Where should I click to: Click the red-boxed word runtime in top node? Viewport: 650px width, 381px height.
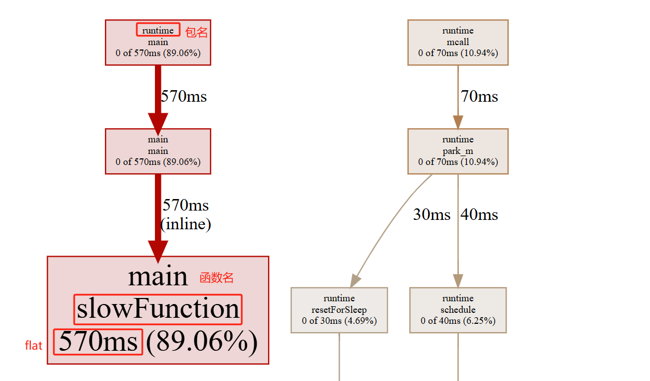pyautogui.click(x=158, y=30)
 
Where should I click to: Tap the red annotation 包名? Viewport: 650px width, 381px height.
pyautogui.click(x=196, y=32)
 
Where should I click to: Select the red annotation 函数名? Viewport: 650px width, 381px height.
pyautogui.click(x=216, y=278)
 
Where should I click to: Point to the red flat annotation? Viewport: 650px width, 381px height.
pyautogui.click(x=34, y=346)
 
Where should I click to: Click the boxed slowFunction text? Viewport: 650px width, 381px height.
pyautogui.click(x=158, y=309)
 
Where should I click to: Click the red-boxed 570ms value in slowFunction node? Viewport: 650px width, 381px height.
pyautogui.click(x=98, y=342)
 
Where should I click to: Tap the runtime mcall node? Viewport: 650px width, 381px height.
pyautogui.click(x=458, y=42)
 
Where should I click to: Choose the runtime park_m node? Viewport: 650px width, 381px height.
pyautogui.click(x=458, y=151)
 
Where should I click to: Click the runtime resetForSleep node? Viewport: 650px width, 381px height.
pyautogui.click(x=339, y=310)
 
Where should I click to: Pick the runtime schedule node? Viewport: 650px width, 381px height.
pyautogui.click(x=458, y=310)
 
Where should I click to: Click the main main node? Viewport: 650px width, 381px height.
pyautogui.click(x=158, y=151)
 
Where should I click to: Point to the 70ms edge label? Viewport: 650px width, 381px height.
pyautogui.click(x=479, y=97)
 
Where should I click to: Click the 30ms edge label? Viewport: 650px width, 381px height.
pyautogui.click(x=431, y=214)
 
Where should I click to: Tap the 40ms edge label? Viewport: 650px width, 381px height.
pyautogui.click(x=479, y=214)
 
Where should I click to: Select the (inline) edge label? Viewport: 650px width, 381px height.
pyautogui.click(x=186, y=224)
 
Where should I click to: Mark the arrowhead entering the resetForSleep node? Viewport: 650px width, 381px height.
pyautogui.click(x=354, y=280)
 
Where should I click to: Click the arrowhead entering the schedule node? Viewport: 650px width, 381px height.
pyautogui.click(x=458, y=280)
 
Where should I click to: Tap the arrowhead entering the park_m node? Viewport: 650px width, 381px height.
pyautogui.click(x=458, y=122)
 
